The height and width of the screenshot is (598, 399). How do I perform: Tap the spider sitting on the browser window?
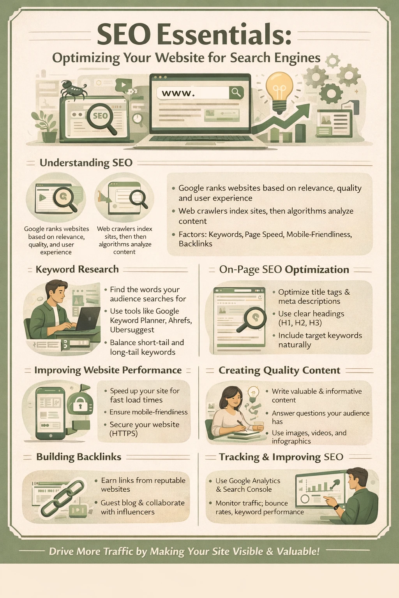click(73, 89)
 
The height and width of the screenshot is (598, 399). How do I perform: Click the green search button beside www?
click(236, 92)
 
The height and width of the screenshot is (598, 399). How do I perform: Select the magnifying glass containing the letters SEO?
click(101, 116)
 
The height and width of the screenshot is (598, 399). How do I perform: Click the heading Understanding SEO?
click(86, 163)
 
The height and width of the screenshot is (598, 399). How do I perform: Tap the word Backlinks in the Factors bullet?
click(195, 244)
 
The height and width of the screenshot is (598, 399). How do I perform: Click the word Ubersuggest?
click(132, 330)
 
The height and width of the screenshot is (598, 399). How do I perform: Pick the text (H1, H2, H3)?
click(300, 323)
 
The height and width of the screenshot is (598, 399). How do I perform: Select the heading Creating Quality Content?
click(279, 370)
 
